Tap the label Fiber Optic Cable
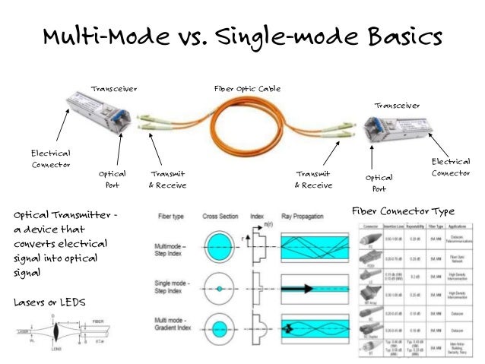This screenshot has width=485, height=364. click(248, 89)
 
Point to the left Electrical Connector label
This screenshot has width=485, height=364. click(51, 158)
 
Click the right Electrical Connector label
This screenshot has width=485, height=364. click(451, 167)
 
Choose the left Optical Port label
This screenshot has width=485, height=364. click(112, 179)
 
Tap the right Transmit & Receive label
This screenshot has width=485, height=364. click(313, 179)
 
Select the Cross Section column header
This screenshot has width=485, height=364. click(221, 216)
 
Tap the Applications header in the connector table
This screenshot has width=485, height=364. click(457, 226)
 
